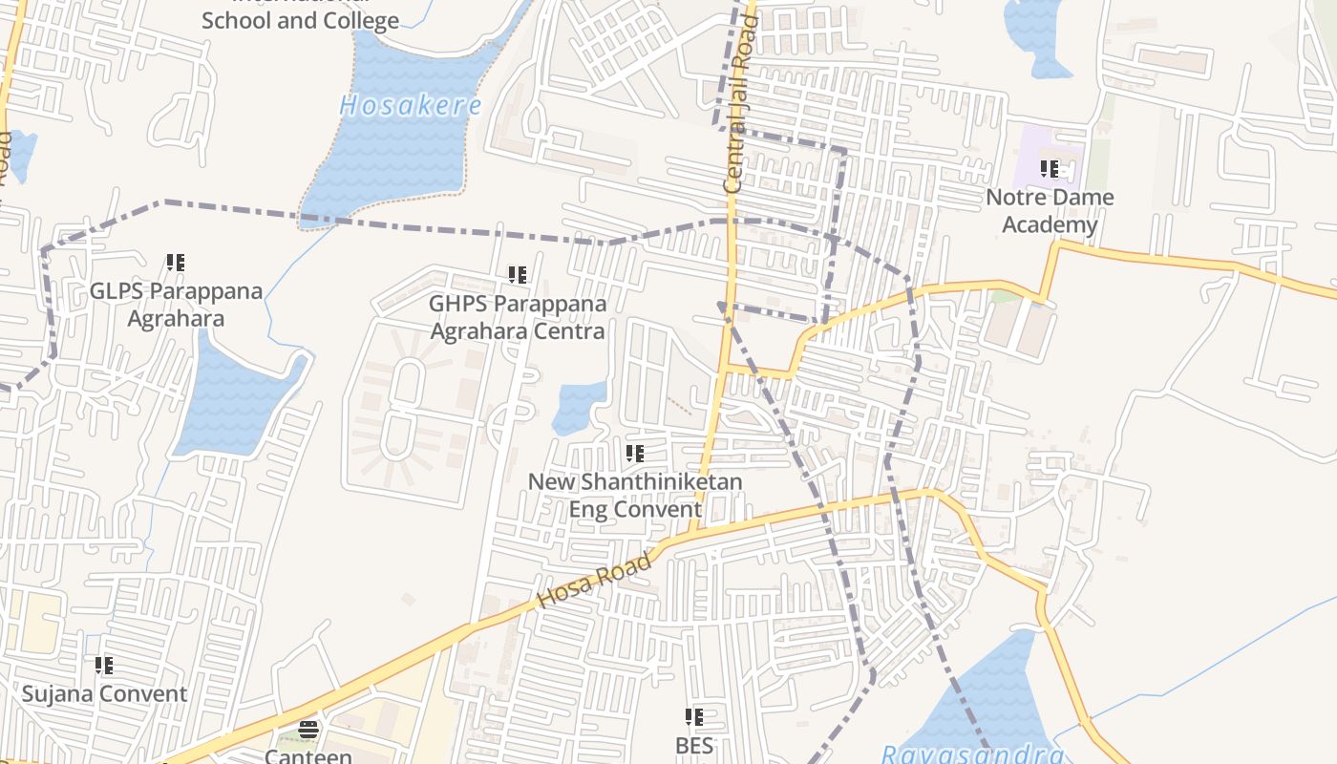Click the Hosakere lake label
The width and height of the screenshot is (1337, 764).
tap(411, 105)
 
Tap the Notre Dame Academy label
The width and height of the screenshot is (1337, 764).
tap(1050, 211)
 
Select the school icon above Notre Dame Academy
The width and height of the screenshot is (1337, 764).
tap(1050, 170)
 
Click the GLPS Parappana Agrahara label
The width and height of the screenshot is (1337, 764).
tap(176, 304)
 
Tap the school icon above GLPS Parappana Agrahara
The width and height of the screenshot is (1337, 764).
tap(176, 262)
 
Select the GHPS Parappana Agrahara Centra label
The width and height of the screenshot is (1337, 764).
tap(518, 317)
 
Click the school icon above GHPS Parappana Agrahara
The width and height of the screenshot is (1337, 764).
tap(518, 276)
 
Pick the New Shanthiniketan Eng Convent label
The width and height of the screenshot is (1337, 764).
tap(635, 495)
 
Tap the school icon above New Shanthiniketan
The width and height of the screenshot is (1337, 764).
tap(635, 454)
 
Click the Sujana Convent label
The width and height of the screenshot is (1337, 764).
tap(104, 693)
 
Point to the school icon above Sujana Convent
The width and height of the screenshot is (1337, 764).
tap(104, 665)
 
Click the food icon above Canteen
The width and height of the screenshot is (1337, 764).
tap(308, 731)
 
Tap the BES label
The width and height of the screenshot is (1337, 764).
tap(694, 745)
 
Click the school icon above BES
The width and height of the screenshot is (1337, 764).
tap(694, 716)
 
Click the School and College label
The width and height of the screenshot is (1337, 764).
tap(300, 20)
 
